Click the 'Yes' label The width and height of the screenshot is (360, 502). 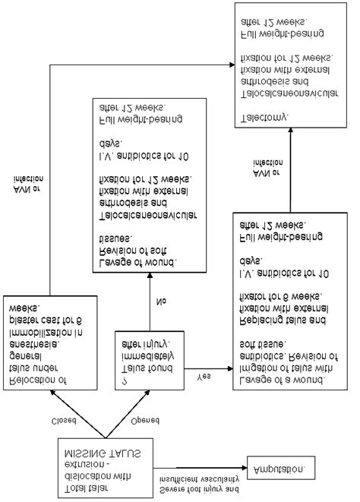pyautogui.click(x=204, y=376)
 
